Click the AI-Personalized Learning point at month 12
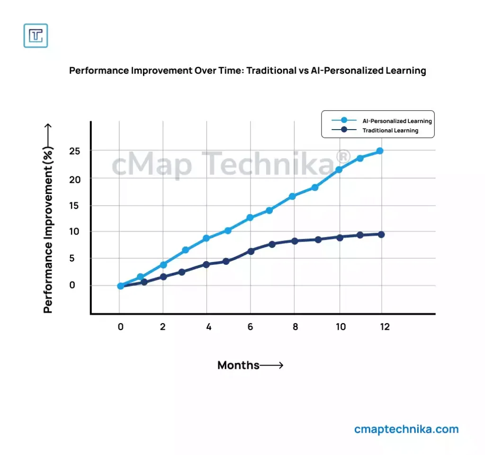[380, 151]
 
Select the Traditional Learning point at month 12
[381, 234]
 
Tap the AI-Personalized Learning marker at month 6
[250, 218]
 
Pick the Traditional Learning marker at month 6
[251, 251]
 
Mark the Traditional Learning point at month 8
[295, 241]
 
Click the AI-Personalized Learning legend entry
[397, 121]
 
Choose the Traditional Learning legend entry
[390, 130]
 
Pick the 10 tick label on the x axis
[341, 327]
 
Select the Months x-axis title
[238, 365]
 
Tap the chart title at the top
[247, 71]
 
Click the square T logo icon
[36, 35]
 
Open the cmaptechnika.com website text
[406, 429]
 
